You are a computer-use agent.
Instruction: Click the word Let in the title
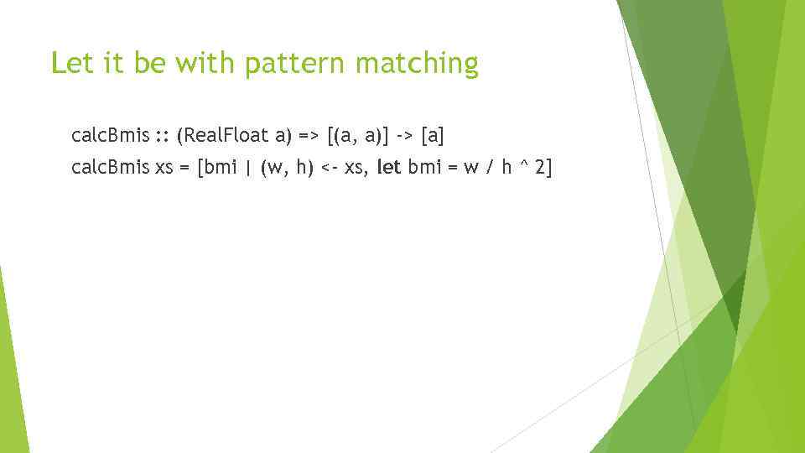click(x=67, y=64)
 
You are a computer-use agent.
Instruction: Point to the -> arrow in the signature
click(x=403, y=134)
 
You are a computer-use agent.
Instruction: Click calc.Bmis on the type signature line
click(x=111, y=134)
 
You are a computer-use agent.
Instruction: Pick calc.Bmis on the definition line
click(x=111, y=168)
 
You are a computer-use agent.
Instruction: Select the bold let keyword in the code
click(x=389, y=168)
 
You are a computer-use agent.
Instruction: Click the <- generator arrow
click(x=329, y=168)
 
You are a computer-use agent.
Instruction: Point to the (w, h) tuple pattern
click(x=287, y=168)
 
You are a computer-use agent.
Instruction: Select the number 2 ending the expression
click(x=540, y=168)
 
